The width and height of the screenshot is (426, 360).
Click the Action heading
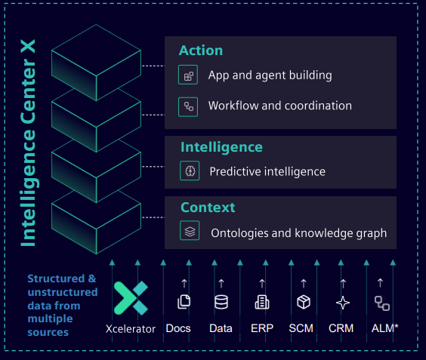coord(201,51)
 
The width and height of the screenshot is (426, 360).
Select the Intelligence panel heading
coord(221,148)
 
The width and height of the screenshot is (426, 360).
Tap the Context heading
coord(208,208)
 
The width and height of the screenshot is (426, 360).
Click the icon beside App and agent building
coord(188,75)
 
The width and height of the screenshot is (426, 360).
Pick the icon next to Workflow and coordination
coord(188,106)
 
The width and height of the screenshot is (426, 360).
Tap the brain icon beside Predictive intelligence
coord(190,171)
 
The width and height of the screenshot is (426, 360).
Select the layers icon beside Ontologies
coord(190,231)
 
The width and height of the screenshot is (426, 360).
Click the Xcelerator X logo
coord(131,298)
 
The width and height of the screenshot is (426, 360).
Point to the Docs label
coord(178,328)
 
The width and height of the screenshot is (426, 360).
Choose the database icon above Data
coord(221,302)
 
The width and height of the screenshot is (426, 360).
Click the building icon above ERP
coord(262,302)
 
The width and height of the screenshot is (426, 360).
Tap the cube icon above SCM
coord(304,302)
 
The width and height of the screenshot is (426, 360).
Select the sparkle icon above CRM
coord(343,303)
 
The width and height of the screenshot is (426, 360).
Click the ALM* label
coord(384,328)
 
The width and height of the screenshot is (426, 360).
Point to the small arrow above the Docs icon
coord(184,284)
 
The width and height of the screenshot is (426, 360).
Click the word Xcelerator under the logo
coord(131,329)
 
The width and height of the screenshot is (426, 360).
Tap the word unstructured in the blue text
coord(63,292)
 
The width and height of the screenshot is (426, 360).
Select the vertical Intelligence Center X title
coord(28,143)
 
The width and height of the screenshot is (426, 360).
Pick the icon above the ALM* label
coord(382,303)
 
